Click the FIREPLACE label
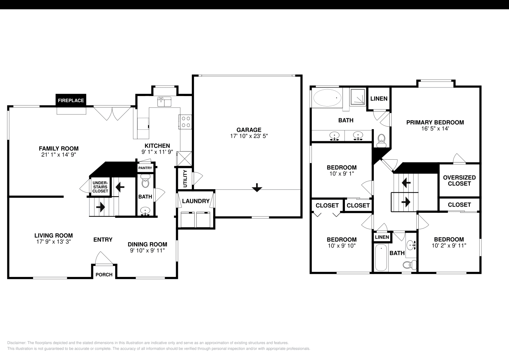click(71, 100)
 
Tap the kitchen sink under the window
click(164, 102)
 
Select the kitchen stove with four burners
click(186, 121)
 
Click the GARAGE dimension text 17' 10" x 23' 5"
click(249, 136)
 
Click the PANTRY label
click(145, 168)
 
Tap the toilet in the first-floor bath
click(145, 183)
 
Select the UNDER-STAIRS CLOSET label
click(100, 187)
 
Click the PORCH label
click(104, 274)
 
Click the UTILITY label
click(185, 179)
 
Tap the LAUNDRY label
click(196, 201)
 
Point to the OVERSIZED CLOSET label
click(459, 180)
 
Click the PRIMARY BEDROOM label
click(435, 122)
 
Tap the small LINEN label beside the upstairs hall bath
click(382, 237)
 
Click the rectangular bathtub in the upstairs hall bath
click(381, 257)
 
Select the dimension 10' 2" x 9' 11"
click(449, 246)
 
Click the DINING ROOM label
click(147, 244)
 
